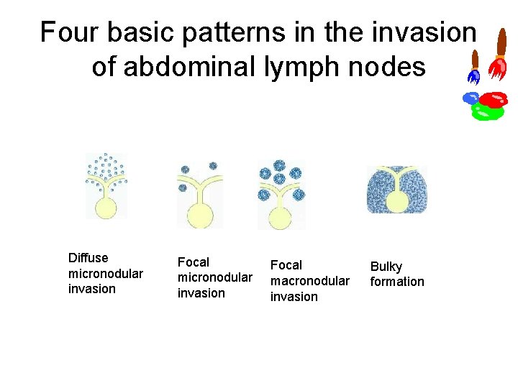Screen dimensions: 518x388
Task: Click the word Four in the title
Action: (68, 32)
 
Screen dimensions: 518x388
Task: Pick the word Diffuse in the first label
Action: (88, 258)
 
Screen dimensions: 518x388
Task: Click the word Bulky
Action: (386, 267)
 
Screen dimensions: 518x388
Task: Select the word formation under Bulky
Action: (397, 282)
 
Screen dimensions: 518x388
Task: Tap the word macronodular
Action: (309, 281)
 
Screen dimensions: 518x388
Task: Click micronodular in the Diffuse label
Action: (105, 274)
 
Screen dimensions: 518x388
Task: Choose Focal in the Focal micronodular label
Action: (194, 262)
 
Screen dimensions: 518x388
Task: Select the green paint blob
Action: (486, 112)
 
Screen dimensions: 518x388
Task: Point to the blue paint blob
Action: (471, 98)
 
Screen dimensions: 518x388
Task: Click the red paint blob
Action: (494, 98)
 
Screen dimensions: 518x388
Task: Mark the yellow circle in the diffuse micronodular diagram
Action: (106, 208)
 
